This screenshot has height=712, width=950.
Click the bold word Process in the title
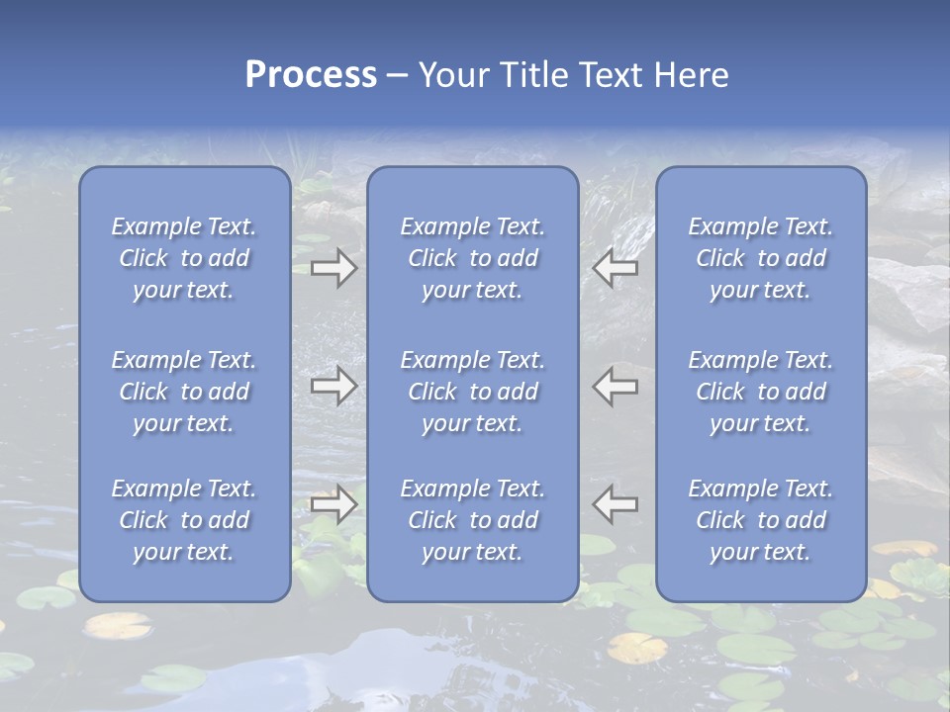click(311, 75)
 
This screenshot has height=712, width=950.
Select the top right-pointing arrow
click(334, 267)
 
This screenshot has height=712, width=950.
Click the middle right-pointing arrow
click(334, 386)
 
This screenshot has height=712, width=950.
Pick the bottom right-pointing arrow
click(334, 504)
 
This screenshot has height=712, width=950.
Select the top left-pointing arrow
click(615, 267)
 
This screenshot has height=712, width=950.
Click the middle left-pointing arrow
click(615, 386)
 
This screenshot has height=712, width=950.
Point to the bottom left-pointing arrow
click(615, 504)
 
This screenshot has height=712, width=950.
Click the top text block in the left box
click(184, 258)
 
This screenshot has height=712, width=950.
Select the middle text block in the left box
click(184, 392)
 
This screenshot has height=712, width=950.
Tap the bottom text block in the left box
click(184, 520)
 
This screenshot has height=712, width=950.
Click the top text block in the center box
click(472, 258)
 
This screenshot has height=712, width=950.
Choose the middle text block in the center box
click(472, 392)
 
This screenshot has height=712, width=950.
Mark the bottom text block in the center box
click(472, 520)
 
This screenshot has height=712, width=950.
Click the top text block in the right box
click(760, 258)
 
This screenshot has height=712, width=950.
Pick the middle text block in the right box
click(760, 392)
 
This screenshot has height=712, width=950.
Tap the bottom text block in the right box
click(760, 520)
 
